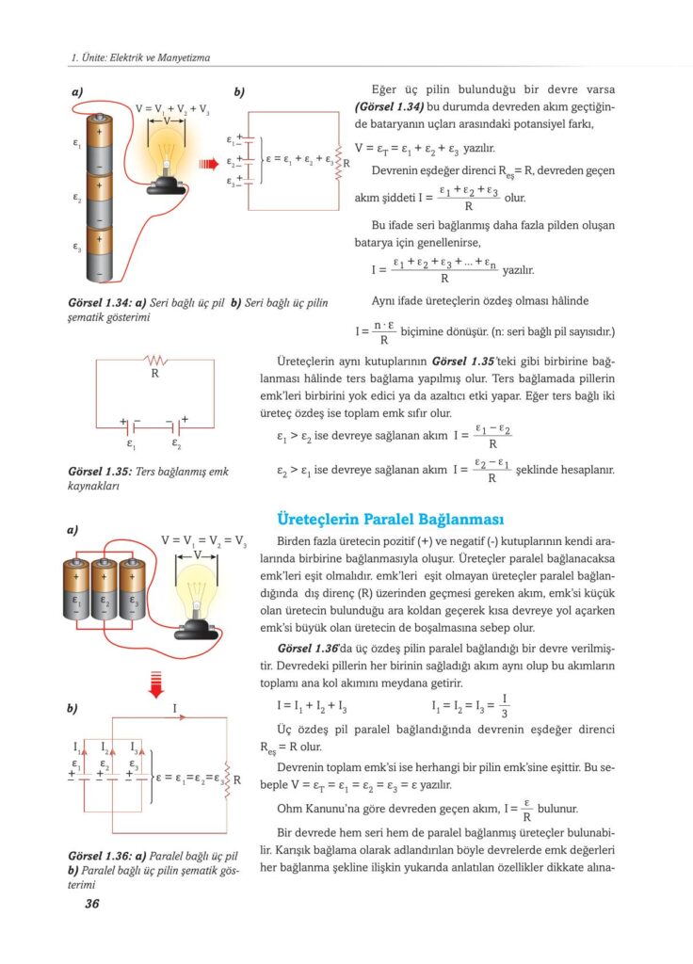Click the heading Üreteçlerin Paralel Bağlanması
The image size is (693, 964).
tap(389, 520)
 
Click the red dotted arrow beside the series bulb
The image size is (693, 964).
tap(208, 166)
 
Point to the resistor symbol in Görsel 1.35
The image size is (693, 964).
tap(153, 360)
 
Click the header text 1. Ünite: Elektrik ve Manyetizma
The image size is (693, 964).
tap(141, 58)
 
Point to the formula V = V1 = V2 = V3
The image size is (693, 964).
tap(203, 541)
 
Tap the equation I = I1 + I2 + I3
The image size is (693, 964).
tap(312, 706)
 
